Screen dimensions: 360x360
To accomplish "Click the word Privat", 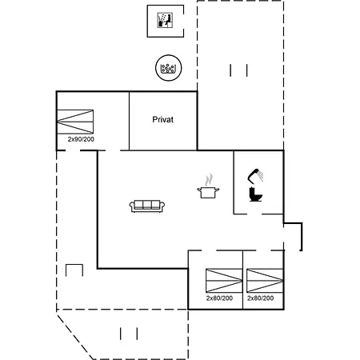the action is click(x=162, y=119).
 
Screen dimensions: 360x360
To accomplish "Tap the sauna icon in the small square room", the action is click(x=165, y=20).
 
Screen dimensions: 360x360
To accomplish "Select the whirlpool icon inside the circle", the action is click(x=168, y=69).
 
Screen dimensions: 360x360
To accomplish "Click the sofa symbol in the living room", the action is click(x=147, y=206).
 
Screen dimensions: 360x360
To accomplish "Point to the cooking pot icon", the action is click(x=208, y=192).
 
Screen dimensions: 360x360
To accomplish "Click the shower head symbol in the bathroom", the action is click(x=255, y=176).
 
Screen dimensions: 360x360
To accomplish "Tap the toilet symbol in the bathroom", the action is click(x=255, y=194).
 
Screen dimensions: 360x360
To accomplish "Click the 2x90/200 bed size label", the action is click(x=81, y=139).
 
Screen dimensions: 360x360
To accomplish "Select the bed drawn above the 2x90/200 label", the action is click(x=75, y=122).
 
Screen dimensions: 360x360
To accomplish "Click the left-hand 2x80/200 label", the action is click(x=219, y=298).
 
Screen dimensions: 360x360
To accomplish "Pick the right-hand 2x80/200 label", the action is click(x=260, y=298).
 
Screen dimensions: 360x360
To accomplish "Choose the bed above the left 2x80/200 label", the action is click(x=224, y=281).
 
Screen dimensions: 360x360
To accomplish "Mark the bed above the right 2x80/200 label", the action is click(x=265, y=281).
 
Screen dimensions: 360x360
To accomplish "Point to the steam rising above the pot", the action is click(x=209, y=180).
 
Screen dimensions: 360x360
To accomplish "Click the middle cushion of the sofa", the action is click(x=147, y=205).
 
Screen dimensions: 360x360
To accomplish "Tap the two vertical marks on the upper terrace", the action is click(x=238, y=70).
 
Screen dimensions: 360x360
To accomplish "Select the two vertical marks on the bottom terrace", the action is click(x=129, y=334).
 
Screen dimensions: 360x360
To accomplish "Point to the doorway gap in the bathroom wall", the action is click(x=254, y=214).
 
